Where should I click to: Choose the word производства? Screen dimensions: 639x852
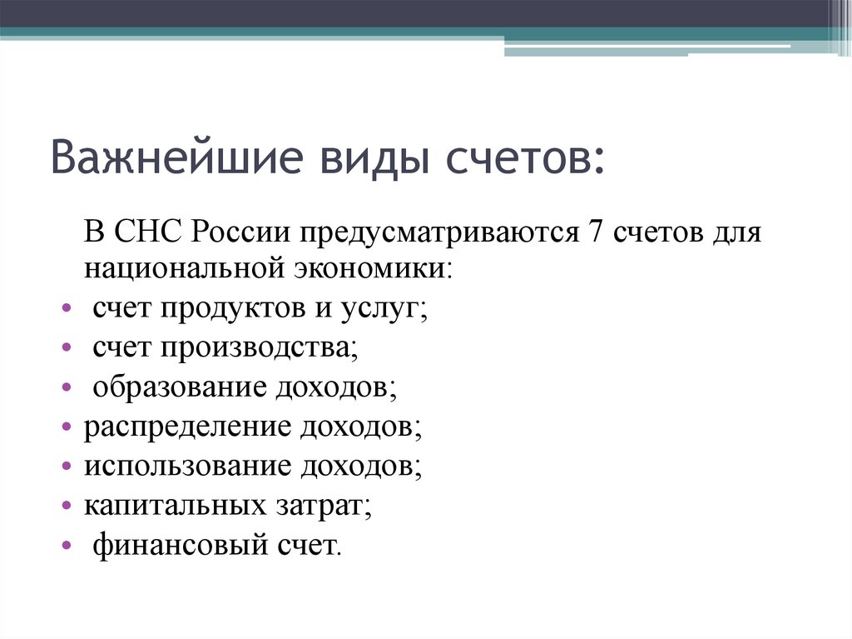pos(255,348)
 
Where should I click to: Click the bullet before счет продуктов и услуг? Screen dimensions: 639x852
pos(67,309)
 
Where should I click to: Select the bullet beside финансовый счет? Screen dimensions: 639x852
pos(67,547)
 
